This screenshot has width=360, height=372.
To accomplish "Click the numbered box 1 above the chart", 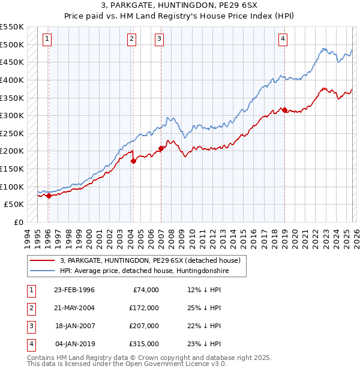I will [47, 40].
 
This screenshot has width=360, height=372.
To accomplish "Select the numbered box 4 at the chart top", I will [283, 40].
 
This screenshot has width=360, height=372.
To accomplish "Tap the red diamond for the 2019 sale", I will [284, 110].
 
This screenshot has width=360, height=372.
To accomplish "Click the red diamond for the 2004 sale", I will [133, 161].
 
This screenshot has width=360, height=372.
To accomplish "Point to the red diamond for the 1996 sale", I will [48, 196].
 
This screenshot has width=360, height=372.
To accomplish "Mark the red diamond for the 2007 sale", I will [161, 148].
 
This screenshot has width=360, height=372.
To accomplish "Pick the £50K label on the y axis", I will [14, 204].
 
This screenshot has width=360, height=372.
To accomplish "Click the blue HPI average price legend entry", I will [144, 271].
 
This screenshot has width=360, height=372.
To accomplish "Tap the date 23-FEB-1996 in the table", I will [74, 290].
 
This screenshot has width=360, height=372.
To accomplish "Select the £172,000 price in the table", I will [143, 308].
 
